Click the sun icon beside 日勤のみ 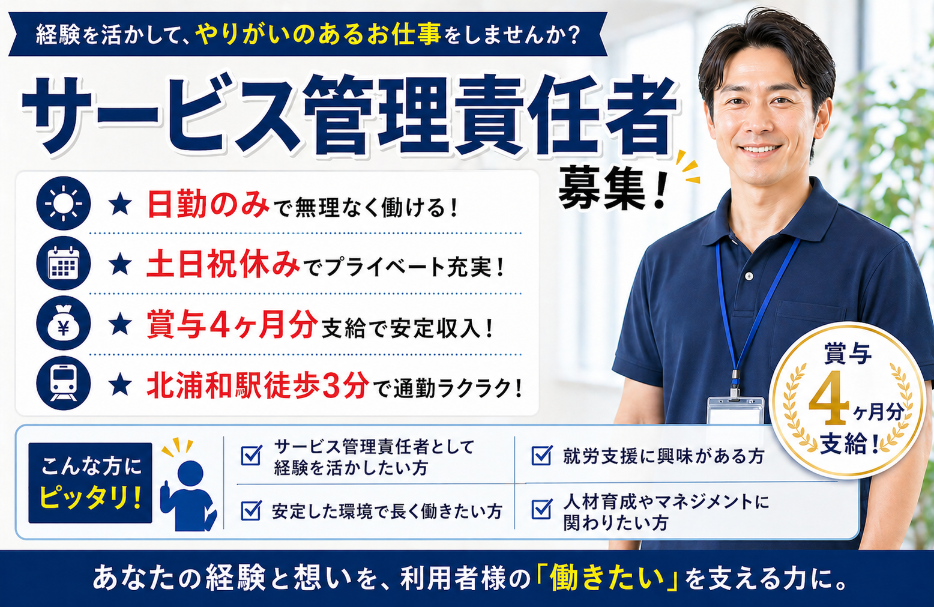point(63,204)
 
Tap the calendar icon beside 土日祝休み point(63,264)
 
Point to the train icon point(63,384)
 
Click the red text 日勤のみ point(208,205)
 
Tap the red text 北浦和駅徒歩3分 point(258,385)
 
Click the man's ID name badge point(735,411)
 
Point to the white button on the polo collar point(749,276)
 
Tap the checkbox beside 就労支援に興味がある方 point(541,456)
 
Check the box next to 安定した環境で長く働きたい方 point(251,511)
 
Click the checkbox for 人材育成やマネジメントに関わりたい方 point(541,510)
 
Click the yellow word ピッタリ point(90,498)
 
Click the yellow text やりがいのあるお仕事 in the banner point(318,35)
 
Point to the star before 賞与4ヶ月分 point(121,325)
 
